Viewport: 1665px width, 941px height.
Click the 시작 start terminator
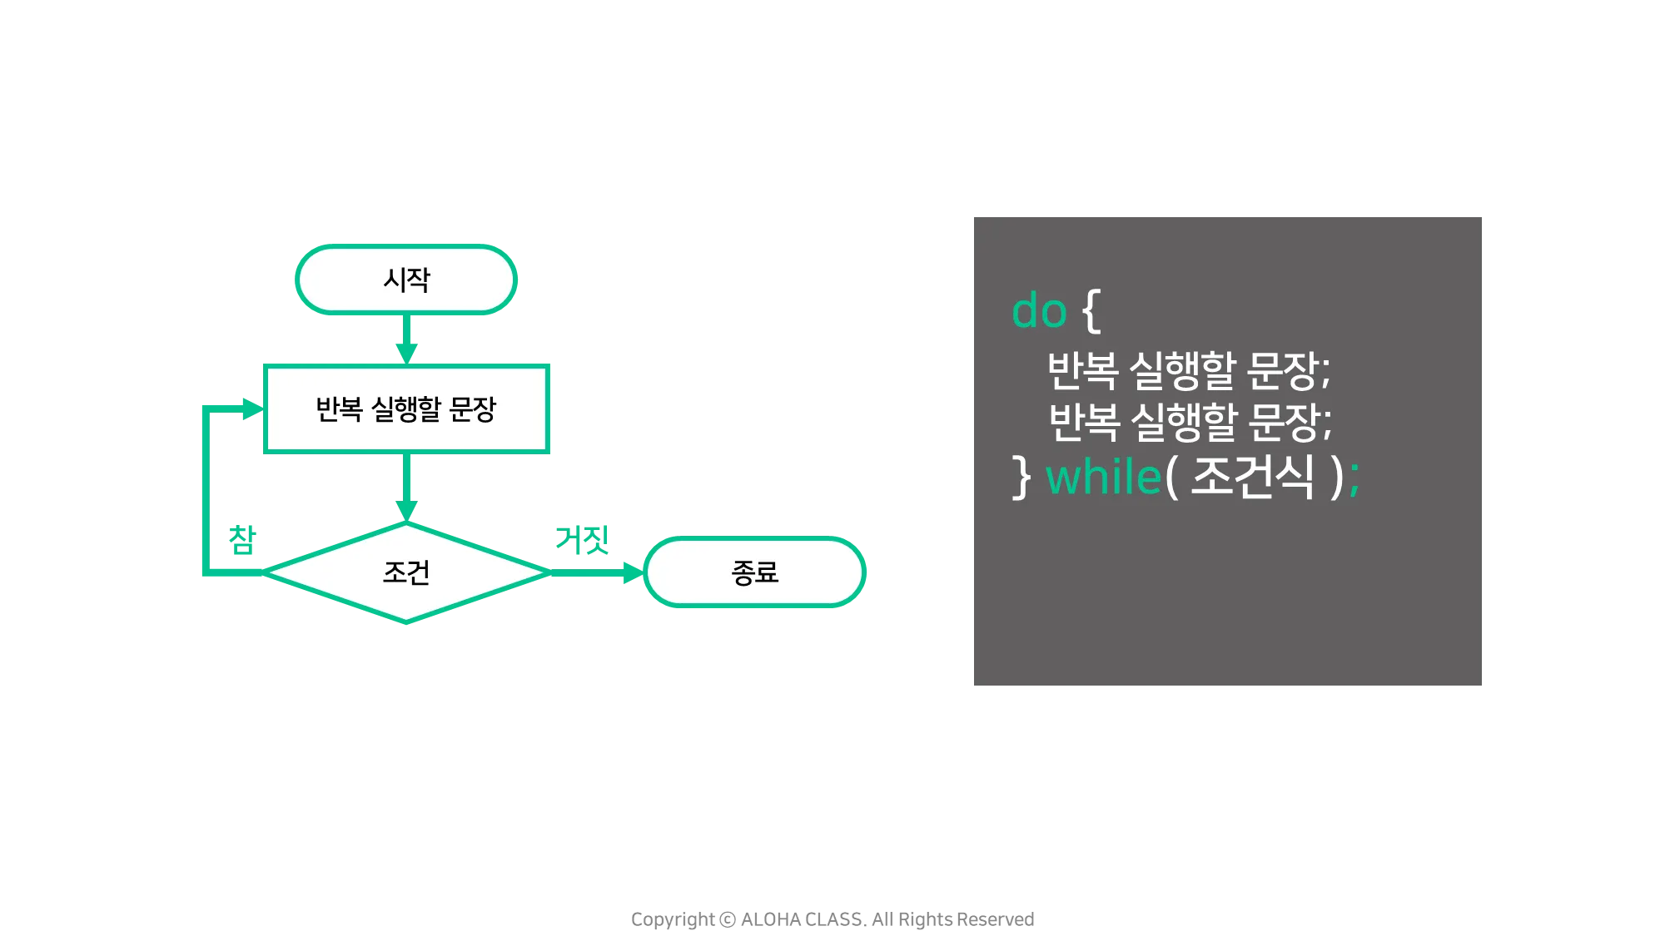click(x=406, y=280)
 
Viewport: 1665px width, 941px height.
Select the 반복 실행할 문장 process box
click(x=406, y=409)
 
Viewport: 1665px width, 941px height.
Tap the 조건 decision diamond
click(x=406, y=572)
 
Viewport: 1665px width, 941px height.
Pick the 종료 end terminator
click(x=755, y=572)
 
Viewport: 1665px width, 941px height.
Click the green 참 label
click(x=241, y=539)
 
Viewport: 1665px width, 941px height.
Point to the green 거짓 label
click(x=582, y=539)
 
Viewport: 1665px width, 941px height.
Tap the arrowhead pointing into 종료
click(x=630, y=572)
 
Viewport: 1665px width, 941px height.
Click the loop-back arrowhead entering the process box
click(x=250, y=409)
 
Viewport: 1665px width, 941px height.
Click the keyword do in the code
click(x=1039, y=311)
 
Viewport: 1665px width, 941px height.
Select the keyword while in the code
click(x=1103, y=478)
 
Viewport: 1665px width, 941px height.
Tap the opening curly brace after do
click(x=1091, y=311)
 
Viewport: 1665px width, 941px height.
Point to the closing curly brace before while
click(x=1021, y=478)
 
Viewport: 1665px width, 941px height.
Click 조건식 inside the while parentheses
click(x=1252, y=478)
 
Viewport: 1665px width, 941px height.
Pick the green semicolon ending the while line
click(x=1354, y=479)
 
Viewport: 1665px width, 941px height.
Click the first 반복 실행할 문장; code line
click(x=1188, y=370)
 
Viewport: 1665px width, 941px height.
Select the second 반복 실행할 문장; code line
click(x=1190, y=422)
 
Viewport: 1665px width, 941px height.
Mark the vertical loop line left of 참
click(x=205, y=491)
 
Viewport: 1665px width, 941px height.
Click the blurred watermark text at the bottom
click(x=832, y=920)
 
